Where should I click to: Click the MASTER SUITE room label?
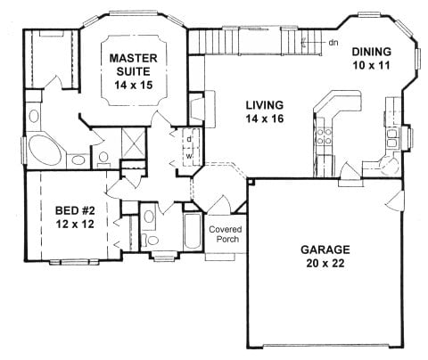coord(134,65)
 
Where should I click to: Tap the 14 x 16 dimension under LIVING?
coord(265,119)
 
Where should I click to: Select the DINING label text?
coord(372,52)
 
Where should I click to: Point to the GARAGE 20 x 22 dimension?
coord(325,263)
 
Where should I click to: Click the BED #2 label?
coord(75,210)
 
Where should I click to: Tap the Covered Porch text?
coord(226,234)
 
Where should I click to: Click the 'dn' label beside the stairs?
coord(333,43)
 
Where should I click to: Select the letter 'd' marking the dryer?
coord(189,139)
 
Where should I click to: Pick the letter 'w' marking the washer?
coord(189,156)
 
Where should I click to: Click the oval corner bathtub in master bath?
coord(45,151)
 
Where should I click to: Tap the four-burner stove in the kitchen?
coord(324,136)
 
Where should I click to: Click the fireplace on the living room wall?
coord(196,109)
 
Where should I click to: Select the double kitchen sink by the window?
coord(392,139)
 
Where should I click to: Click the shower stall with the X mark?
coord(134,143)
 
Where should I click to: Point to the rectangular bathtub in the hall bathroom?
coord(193,231)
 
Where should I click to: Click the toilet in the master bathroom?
coord(103,159)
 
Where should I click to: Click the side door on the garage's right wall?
coord(395,200)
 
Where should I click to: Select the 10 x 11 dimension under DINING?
coord(372,65)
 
